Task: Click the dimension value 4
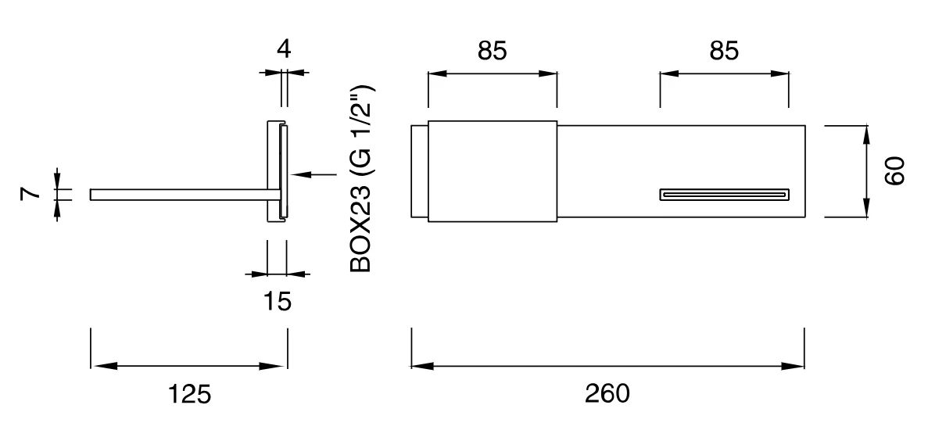pos(284,49)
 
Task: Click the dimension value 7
pos(30,192)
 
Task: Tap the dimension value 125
pos(189,394)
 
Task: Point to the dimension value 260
pos(607,394)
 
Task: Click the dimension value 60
pos(895,171)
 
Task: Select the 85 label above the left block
pos(493,51)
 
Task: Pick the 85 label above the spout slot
pos(725,51)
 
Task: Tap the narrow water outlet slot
pos(725,195)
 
